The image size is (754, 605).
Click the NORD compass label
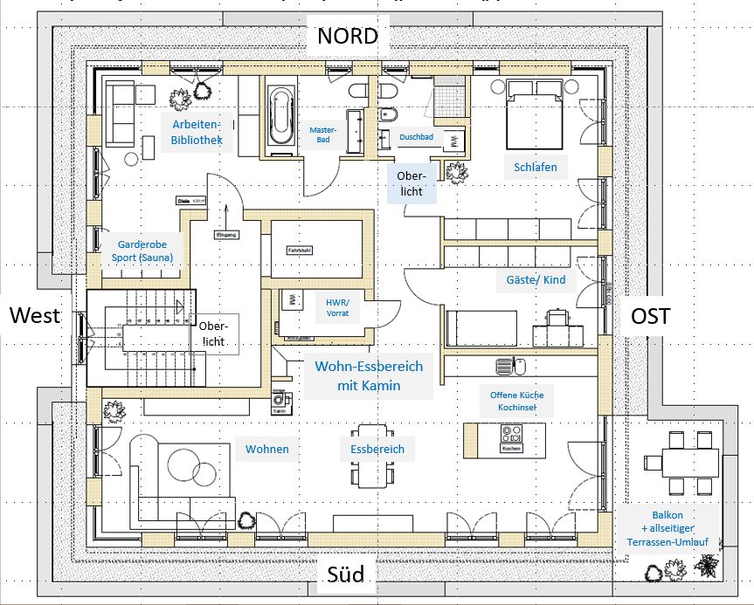(347, 36)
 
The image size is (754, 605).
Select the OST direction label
(650, 315)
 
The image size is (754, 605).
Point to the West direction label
(35, 315)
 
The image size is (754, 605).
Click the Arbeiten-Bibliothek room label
(197, 132)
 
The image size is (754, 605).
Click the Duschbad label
(415, 137)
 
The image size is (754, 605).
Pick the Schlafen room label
(536, 168)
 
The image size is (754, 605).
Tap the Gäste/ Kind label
(536, 280)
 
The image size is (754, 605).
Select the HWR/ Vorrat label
(336, 306)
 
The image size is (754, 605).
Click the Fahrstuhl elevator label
(300, 250)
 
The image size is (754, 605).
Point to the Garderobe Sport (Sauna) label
(142, 251)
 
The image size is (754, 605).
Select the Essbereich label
(377, 450)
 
